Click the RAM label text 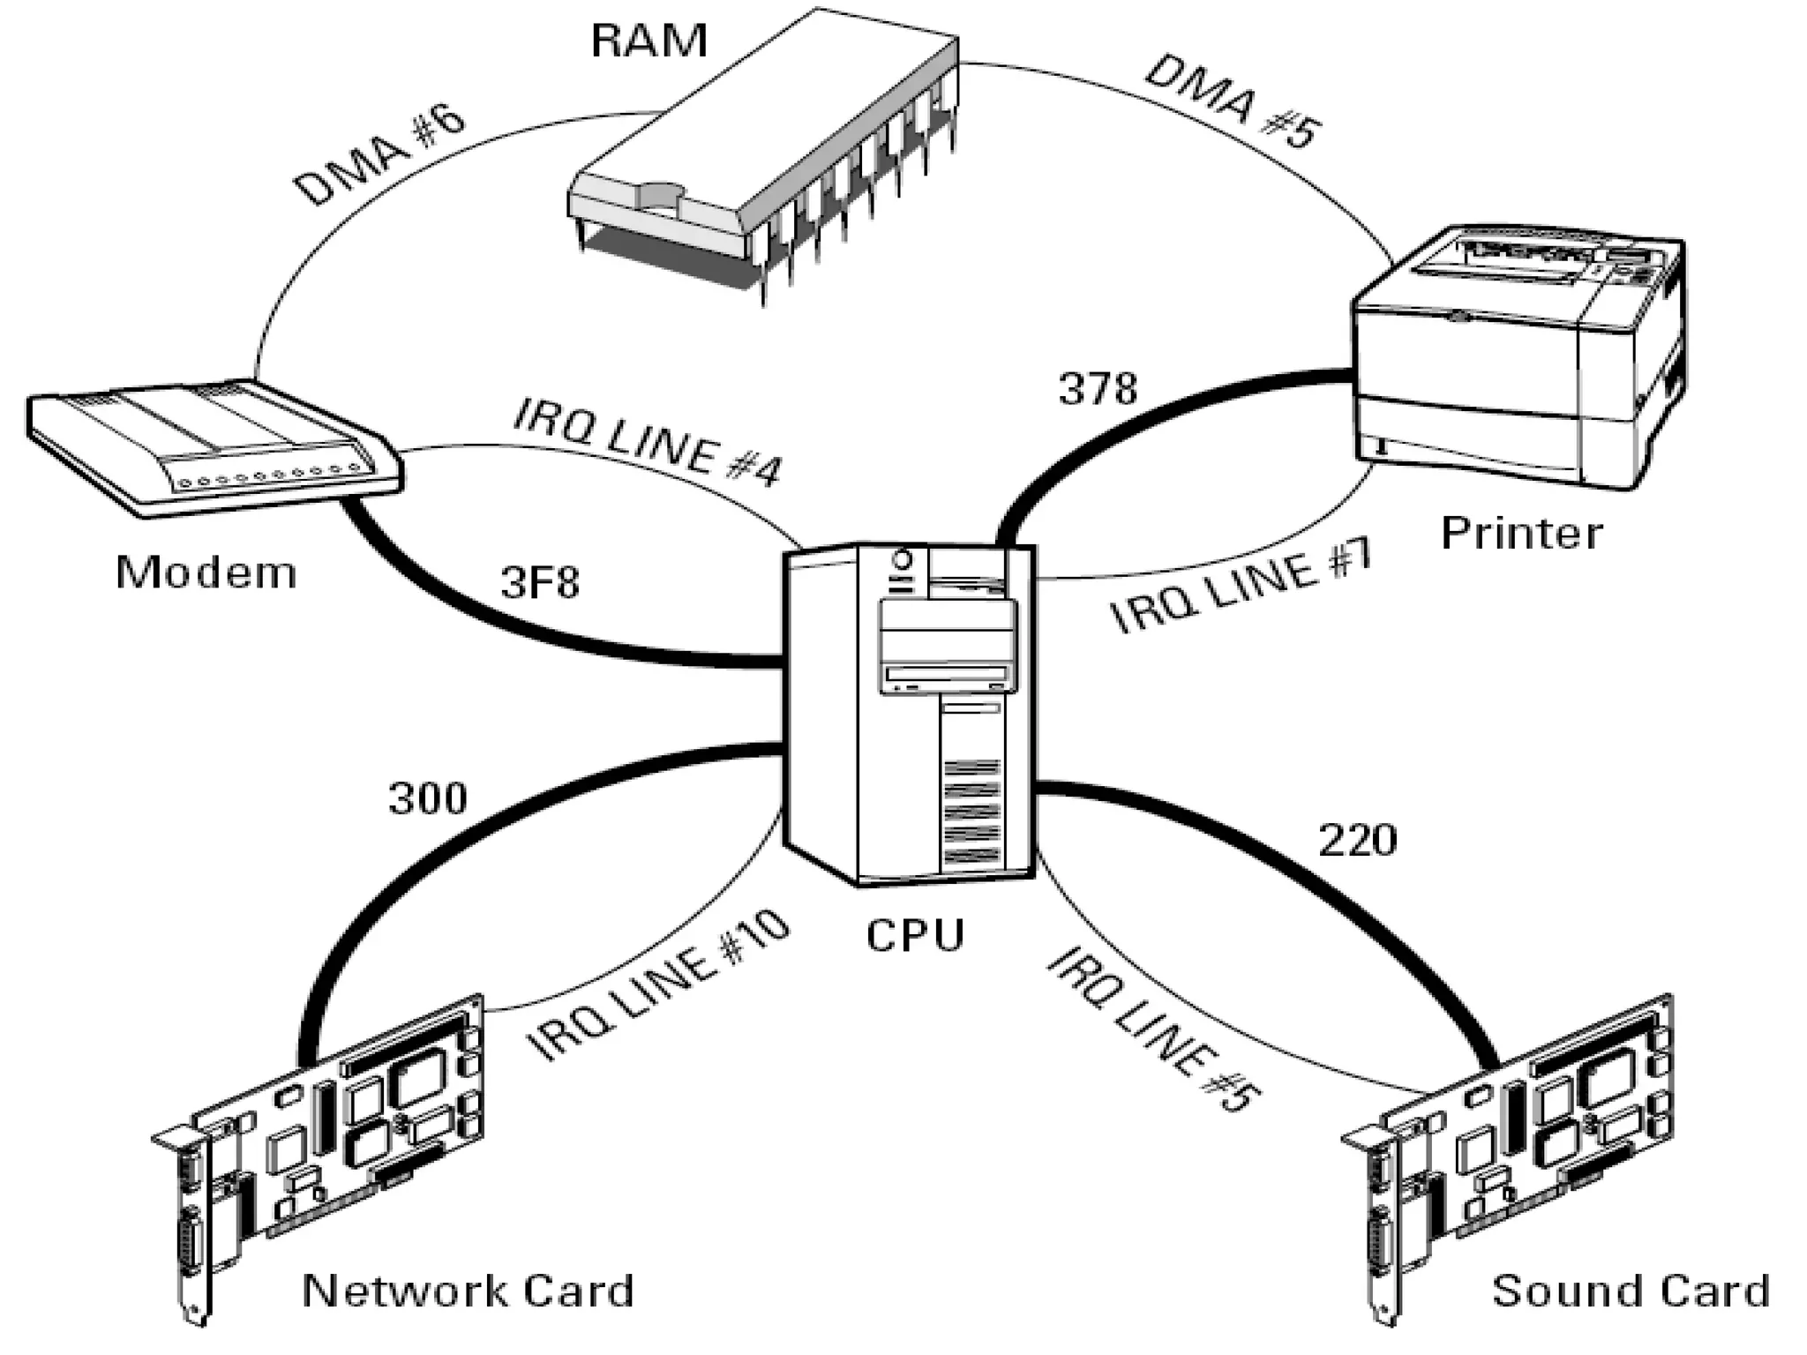tap(649, 41)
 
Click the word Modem tap(206, 573)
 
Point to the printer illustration tap(1518, 357)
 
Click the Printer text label tap(1521, 533)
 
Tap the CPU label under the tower tap(915, 935)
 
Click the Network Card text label tap(468, 1291)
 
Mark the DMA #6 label tap(379, 159)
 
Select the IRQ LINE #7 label tap(1240, 587)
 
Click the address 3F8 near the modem tap(540, 582)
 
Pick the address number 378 tap(1098, 388)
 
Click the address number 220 tap(1357, 840)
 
